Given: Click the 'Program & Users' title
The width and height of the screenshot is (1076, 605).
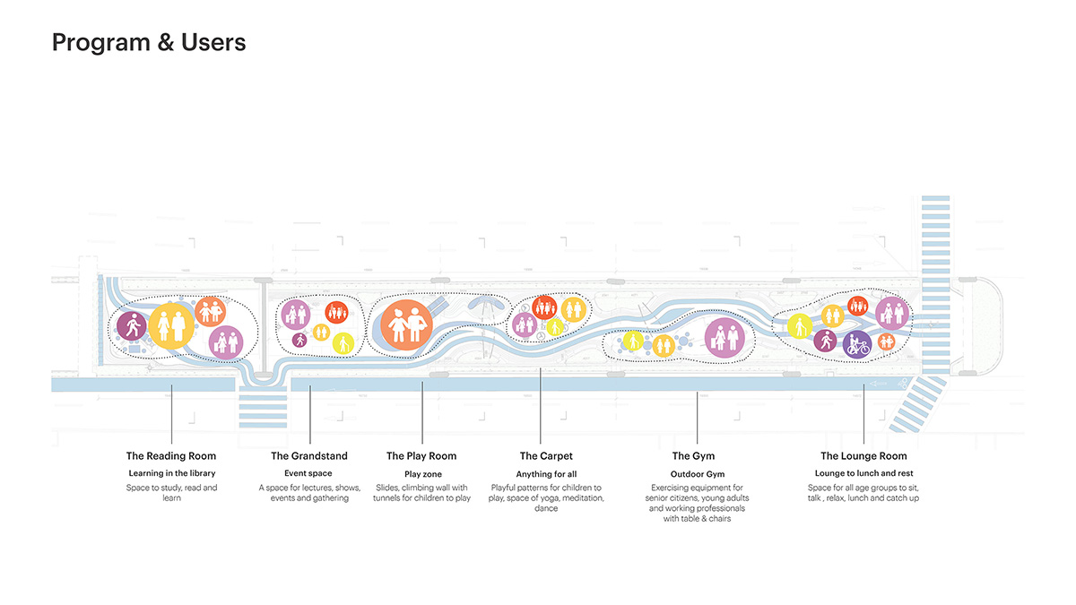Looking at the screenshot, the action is point(149,43).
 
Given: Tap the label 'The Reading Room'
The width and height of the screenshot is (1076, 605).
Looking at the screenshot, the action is point(171,455).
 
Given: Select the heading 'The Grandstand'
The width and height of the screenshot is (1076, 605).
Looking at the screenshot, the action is point(308,455).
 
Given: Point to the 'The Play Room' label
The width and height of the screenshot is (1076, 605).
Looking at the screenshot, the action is point(421,455).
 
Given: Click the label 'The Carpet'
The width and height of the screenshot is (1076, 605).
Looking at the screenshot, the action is point(546,455).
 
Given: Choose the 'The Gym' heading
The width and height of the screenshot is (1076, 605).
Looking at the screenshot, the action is point(693,455).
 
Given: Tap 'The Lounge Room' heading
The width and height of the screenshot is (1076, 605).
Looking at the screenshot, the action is point(863,455).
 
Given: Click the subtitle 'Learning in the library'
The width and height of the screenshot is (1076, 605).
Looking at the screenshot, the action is point(172,473).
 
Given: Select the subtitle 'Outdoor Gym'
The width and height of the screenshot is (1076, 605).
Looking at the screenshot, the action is point(698,474).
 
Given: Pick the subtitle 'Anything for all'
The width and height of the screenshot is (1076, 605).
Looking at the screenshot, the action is point(546,474).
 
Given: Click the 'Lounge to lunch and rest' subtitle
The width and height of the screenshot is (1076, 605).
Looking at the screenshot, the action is point(863,473).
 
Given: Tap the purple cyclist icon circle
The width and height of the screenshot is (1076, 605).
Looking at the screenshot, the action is point(857,344).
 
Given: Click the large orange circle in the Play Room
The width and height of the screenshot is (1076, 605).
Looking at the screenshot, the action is point(406,325).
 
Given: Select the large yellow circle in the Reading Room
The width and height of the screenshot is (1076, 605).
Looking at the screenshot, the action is point(171,326).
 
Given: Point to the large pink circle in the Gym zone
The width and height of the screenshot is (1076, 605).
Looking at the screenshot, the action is point(725,338).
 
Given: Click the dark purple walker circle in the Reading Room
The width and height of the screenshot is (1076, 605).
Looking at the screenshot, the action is point(132,326).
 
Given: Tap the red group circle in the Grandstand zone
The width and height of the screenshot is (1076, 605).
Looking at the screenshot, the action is point(337,313).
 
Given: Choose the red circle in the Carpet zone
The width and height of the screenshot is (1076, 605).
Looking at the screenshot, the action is point(544,307).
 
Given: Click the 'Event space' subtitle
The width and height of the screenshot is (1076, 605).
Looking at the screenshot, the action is point(308,473).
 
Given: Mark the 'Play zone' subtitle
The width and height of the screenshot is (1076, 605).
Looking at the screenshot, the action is point(422,474).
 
